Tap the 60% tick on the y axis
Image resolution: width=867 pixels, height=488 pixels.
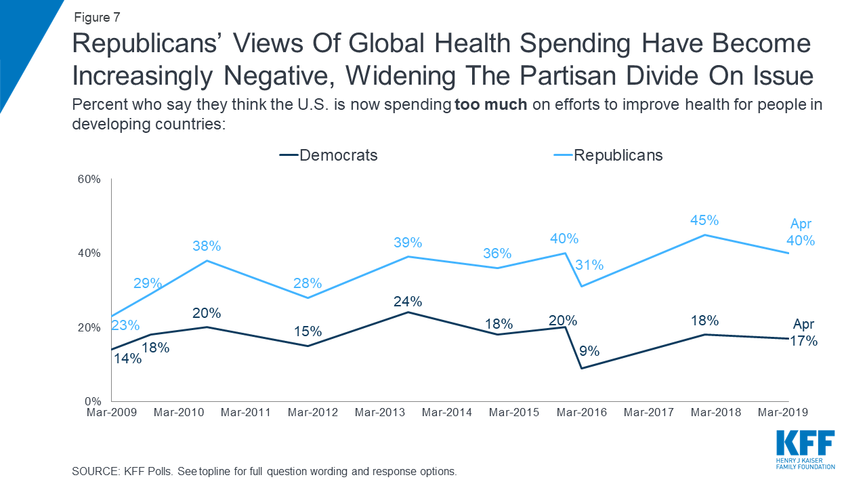coord(89,180)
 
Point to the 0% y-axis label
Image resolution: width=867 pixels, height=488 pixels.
coord(93,401)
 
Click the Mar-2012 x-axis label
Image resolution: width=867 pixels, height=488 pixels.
coord(312,412)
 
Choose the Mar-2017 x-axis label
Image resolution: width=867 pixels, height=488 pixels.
coord(649,412)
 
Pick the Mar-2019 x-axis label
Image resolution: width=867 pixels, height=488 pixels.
coord(783,412)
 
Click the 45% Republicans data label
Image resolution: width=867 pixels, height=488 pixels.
coord(704,220)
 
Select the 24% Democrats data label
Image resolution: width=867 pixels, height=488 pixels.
coord(408,301)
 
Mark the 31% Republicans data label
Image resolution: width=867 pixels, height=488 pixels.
coord(589,265)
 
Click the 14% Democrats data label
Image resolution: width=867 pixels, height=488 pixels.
coord(127,359)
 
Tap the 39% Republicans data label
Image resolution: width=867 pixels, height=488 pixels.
coord(408,243)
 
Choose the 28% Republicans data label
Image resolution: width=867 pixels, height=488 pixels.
coord(307,283)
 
